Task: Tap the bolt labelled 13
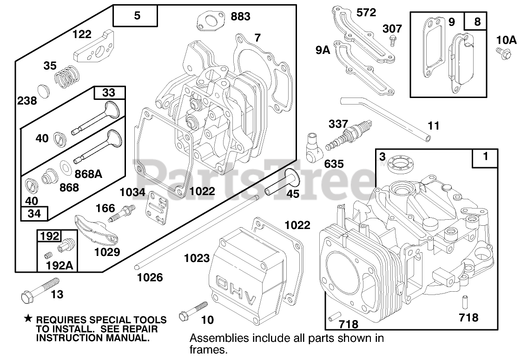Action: (40, 288)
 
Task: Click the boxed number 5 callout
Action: (136, 16)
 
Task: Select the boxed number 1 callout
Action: (485, 157)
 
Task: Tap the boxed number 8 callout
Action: (477, 22)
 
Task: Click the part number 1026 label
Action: (150, 278)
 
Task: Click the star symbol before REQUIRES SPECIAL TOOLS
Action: (28, 319)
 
